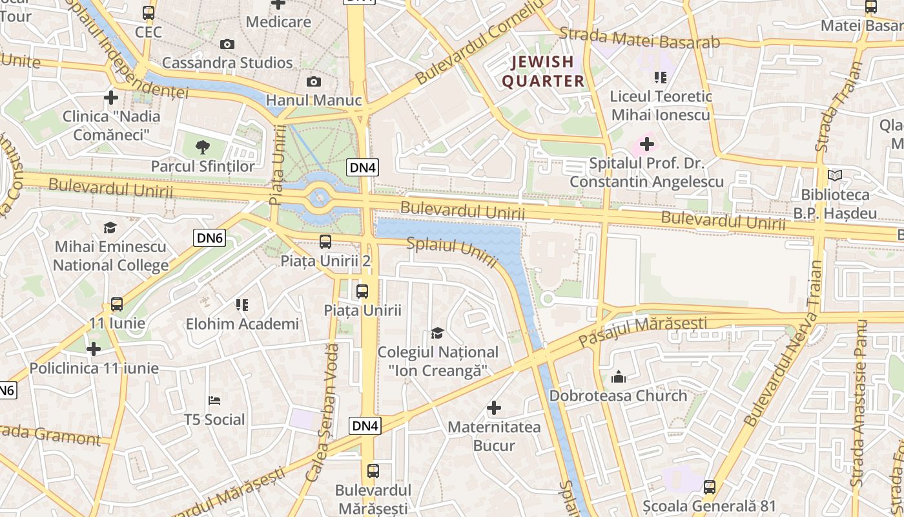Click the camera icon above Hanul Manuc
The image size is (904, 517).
[x=313, y=81]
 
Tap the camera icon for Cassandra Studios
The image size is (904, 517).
[x=227, y=44]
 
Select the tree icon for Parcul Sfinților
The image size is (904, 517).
[x=203, y=147]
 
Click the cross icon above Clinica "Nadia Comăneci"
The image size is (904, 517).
[x=111, y=98]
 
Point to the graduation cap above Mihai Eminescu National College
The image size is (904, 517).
[x=110, y=227]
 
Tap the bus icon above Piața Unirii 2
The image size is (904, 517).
[x=325, y=242]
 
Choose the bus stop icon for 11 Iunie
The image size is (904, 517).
[x=117, y=304]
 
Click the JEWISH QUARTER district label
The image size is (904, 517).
[x=543, y=71]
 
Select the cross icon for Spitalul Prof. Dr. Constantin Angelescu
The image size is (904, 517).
[x=646, y=144]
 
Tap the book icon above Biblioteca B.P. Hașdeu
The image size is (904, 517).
[x=835, y=175]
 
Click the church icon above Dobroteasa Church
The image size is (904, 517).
[x=619, y=376]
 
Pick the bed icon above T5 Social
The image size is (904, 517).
[x=214, y=401]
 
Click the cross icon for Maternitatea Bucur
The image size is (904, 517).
[x=494, y=408]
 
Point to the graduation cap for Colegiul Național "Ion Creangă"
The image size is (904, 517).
[x=438, y=333]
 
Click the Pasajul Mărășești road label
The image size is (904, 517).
[x=642, y=330]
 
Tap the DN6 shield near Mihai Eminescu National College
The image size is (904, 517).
[x=210, y=238]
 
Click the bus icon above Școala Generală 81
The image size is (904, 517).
[x=710, y=487]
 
